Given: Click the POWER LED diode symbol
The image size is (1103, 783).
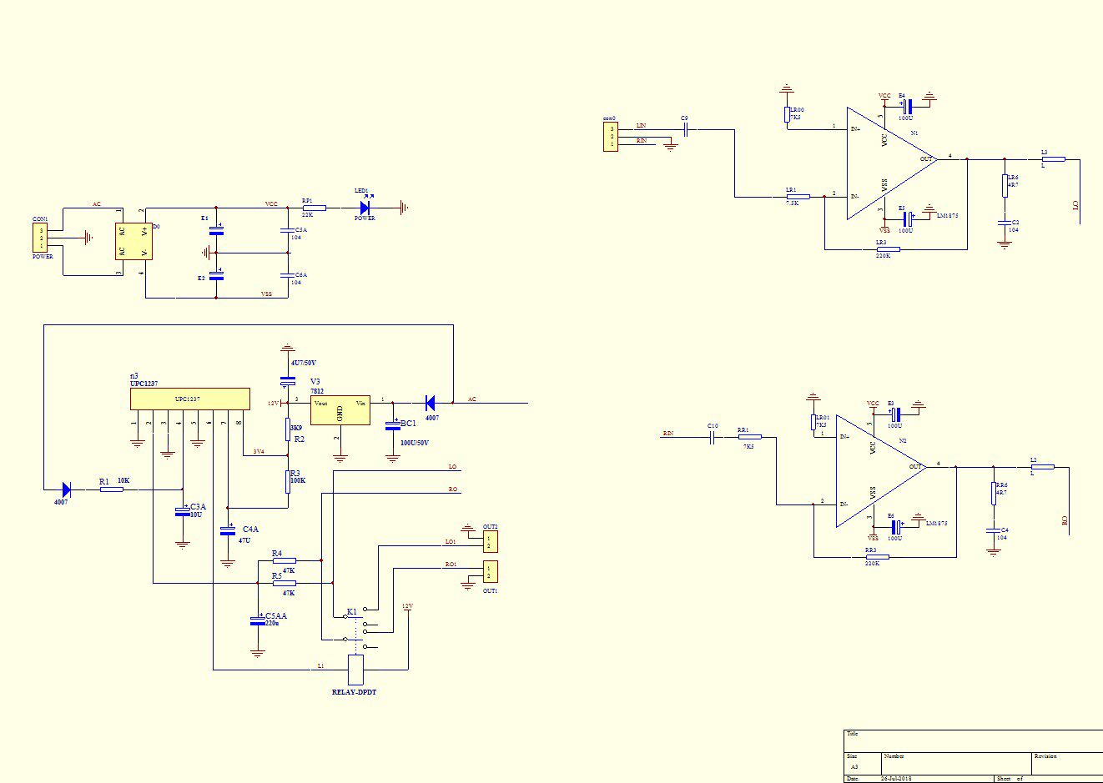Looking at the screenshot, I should (x=365, y=208).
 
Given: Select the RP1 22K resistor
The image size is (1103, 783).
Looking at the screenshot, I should (x=314, y=208).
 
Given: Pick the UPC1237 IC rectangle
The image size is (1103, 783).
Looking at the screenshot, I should (x=190, y=399).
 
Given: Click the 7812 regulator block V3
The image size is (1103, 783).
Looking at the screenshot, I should (x=340, y=410).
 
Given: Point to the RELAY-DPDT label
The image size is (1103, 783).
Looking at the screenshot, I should (x=355, y=692).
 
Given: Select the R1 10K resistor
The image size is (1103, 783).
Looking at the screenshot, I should (x=112, y=489).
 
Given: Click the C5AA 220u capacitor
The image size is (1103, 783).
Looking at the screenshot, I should (x=257, y=621).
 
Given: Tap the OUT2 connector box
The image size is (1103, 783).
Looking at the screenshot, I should (x=491, y=542).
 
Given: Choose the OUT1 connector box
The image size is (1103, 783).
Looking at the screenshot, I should (x=491, y=572).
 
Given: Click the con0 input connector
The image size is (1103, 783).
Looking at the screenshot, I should (x=612, y=137).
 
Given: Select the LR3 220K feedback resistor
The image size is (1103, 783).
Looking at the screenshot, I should (x=889, y=249).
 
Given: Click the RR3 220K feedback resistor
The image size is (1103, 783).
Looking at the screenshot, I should (x=877, y=557).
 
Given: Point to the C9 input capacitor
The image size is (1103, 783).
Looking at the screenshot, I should (x=685, y=129).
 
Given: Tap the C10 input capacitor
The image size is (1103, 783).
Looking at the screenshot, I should (x=713, y=437).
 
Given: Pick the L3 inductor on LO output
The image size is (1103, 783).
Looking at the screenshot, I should (x=1054, y=159).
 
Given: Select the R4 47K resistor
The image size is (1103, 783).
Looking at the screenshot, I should (x=284, y=560).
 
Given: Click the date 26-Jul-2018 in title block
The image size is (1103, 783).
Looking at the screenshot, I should (x=896, y=779).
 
